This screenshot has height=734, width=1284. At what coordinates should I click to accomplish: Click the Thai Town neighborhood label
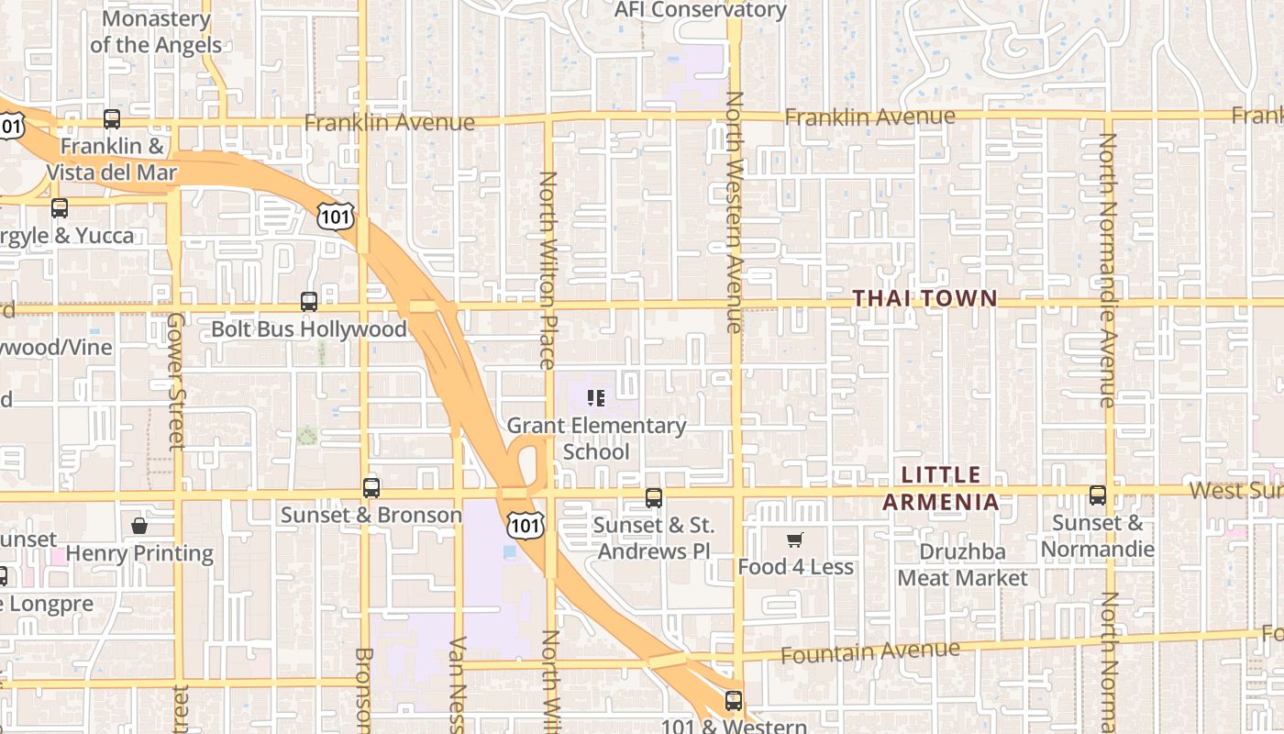tap(924, 298)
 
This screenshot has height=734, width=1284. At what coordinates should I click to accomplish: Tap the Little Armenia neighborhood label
tap(941, 488)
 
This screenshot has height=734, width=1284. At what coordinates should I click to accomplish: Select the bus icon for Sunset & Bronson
tap(371, 488)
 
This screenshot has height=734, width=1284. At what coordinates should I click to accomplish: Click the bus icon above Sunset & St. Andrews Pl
tap(653, 498)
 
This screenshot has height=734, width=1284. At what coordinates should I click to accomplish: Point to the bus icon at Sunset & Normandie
tap(1097, 495)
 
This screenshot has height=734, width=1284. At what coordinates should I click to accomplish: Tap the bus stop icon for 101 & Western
tap(733, 701)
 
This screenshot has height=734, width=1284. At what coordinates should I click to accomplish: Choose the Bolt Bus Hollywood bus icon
tap(309, 301)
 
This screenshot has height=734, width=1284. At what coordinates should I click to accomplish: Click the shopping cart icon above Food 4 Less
tap(795, 539)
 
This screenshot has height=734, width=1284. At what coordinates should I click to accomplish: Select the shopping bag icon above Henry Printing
tap(139, 526)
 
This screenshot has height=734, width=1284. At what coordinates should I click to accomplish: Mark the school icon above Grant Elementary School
tap(596, 398)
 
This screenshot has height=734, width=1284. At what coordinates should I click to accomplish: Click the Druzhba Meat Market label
tap(963, 565)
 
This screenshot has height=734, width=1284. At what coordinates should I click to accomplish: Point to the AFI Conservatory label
tap(700, 10)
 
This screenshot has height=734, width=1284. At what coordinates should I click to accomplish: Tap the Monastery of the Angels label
tap(156, 32)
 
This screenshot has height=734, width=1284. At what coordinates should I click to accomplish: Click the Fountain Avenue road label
tap(870, 652)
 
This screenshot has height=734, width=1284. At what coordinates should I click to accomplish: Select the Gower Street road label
tap(176, 381)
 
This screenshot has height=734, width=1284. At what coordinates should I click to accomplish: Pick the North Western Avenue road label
tap(734, 211)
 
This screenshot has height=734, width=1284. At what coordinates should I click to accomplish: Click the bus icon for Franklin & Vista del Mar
tap(111, 118)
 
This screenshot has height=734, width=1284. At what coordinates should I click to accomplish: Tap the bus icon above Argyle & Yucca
tap(60, 208)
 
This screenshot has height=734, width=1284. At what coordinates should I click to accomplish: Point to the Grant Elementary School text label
tap(596, 439)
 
